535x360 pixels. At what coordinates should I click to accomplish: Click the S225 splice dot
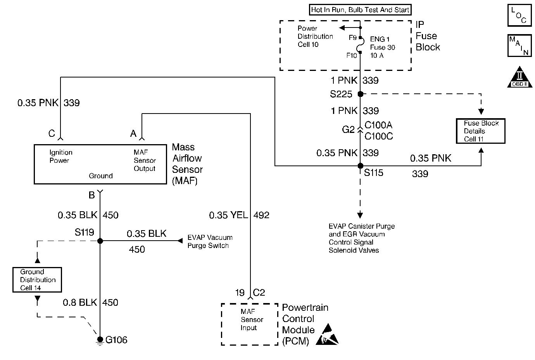(x=360, y=94)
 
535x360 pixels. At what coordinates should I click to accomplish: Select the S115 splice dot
(x=360, y=166)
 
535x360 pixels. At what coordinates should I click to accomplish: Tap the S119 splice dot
(x=100, y=241)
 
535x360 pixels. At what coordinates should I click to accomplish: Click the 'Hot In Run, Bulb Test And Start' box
(x=360, y=10)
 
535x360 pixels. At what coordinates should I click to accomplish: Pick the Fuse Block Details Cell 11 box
(x=481, y=131)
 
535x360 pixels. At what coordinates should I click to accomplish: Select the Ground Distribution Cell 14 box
(x=37, y=279)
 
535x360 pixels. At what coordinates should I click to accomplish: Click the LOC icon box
(x=519, y=16)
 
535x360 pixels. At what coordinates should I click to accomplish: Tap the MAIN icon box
(x=519, y=46)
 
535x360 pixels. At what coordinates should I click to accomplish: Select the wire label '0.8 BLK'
(x=80, y=302)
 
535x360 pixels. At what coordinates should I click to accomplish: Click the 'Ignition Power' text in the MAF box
(x=61, y=156)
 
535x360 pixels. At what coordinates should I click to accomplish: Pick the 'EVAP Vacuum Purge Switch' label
(x=210, y=241)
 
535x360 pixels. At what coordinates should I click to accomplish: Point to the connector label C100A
(x=378, y=125)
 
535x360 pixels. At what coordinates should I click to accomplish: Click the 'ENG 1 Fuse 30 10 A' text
(x=382, y=47)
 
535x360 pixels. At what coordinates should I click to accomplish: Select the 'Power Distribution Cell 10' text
(x=315, y=36)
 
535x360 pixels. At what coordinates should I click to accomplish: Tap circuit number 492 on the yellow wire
(x=261, y=215)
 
